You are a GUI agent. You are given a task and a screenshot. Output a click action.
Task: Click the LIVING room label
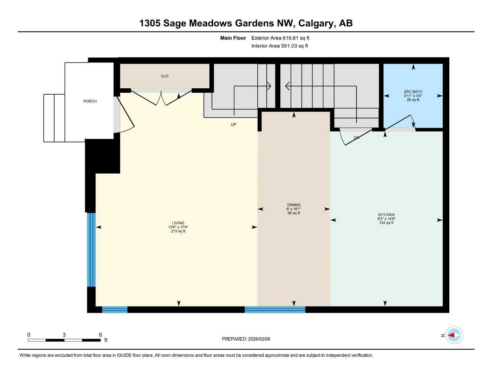(178, 223)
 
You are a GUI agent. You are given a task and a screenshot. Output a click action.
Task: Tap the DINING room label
(294, 205)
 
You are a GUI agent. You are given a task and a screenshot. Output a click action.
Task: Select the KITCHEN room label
(386, 215)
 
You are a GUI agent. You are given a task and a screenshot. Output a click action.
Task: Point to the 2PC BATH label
(413, 92)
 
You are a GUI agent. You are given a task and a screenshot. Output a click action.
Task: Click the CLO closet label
(164, 76)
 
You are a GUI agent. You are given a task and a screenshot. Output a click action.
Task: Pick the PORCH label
(90, 101)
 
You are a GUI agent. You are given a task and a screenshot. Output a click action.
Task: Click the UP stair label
(234, 125)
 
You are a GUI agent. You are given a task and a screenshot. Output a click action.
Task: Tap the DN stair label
(356, 138)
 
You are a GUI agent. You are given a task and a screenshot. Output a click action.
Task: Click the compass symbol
(454, 335)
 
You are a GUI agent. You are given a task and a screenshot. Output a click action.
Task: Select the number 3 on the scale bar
(64, 335)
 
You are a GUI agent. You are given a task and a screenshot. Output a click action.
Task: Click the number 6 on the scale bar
(100, 335)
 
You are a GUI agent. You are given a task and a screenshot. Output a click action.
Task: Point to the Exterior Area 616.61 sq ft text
(280, 38)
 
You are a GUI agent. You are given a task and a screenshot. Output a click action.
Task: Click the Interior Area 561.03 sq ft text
(280, 46)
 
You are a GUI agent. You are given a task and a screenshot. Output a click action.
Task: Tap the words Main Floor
(233, 38)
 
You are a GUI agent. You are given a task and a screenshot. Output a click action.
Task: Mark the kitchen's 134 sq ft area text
(386, 223)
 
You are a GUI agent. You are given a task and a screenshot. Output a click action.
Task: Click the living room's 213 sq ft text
(178, 231)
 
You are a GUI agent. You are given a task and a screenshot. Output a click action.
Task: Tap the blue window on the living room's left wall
(91, 249)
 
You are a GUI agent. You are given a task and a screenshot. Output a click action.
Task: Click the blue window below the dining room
(275, 309)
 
